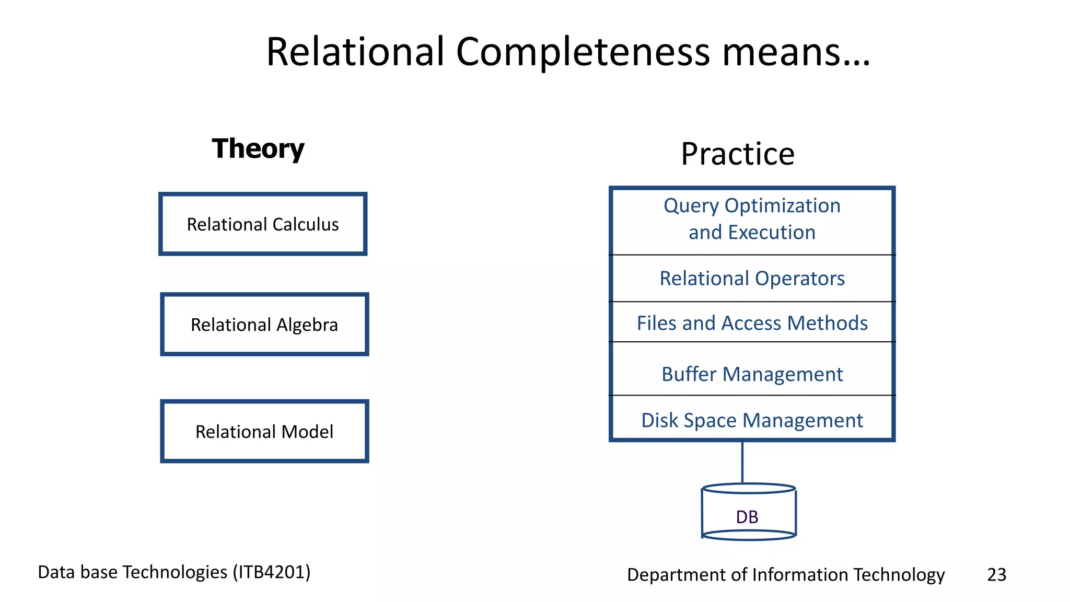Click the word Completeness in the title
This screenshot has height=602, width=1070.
pos(583,52)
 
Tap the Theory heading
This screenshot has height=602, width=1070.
pos(258,149)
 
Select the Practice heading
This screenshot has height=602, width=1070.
pos(737,154)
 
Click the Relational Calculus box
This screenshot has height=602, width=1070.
pos(263,224)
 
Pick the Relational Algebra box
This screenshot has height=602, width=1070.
pos(264,325)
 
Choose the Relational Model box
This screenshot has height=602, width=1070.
pos(264,432)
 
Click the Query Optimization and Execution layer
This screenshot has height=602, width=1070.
pos(752,219)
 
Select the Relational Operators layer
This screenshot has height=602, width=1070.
pos(752,279)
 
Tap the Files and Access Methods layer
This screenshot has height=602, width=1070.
pos(752,323)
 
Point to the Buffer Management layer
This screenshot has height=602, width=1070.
pos(752,374)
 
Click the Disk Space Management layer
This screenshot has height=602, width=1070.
pos(752,420)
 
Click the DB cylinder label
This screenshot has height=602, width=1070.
pos(747,517)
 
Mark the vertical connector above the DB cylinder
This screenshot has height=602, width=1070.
pos(742,462)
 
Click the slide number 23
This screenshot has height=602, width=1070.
pos(996,575)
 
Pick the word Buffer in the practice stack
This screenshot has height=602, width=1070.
pos(689,374)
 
